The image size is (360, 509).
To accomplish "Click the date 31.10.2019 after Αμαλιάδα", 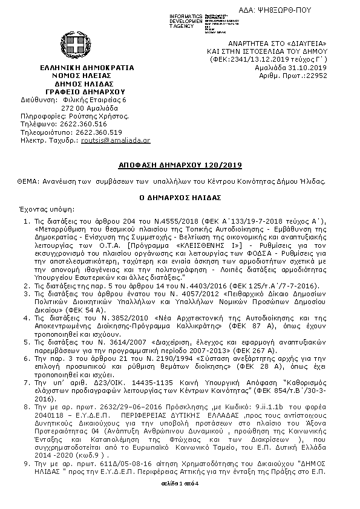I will (309, 68).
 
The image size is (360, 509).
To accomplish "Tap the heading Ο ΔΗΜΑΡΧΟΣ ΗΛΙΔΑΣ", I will (179, 197).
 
